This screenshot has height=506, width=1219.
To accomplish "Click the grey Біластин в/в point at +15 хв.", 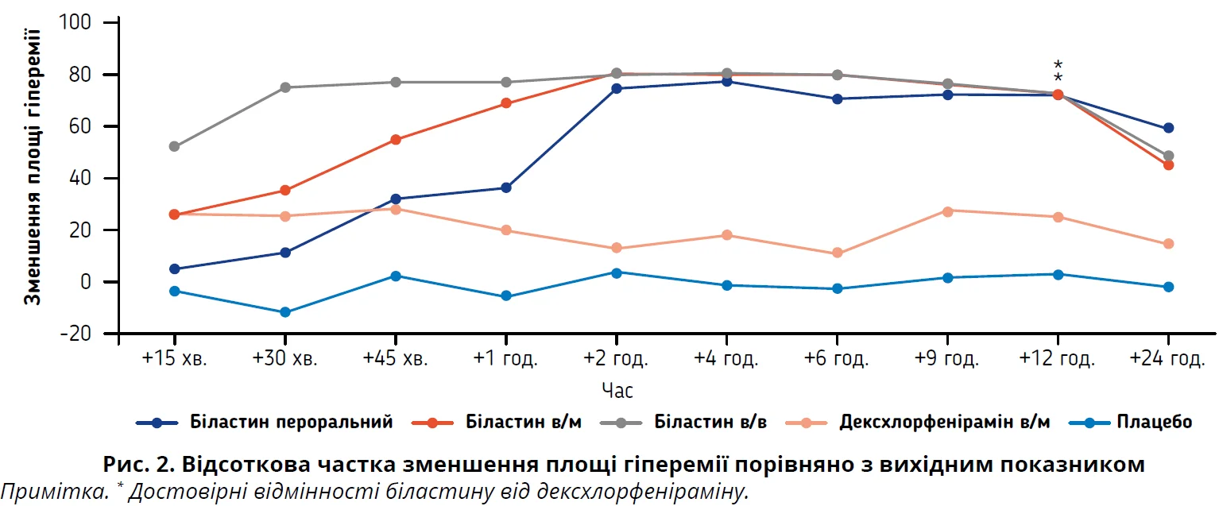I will pyautogui.click(x=174, y=147).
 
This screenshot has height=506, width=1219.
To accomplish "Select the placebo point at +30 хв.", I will pyautogui.click(x=284, y=312).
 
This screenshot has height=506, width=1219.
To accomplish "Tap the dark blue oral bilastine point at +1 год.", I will pyautogui.click(x=506, y=188).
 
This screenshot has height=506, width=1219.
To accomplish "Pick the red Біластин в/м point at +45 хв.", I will pyautogui.click(x=396, y=140).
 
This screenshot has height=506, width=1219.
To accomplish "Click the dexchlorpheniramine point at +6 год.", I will pyautogui.click(x=838, y=253).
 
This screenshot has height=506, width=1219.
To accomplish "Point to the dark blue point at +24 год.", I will pyautogui.click(x=1168, y=128).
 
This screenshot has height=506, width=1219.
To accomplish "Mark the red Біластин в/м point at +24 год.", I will pyautogui.click(x=1168, y=165).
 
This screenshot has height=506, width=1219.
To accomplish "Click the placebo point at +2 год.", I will pyautogui.click(x=617, y=272).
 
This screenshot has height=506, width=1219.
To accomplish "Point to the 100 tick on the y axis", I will pyautogui.click(x=78, y=23).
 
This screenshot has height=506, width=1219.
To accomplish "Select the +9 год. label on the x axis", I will pyautogui.click(x=947, y=359).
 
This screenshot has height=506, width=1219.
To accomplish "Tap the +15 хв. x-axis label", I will pyautogui.click(x=174, y=359).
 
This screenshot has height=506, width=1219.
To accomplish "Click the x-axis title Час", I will pyautogui.click(x=617, y=391).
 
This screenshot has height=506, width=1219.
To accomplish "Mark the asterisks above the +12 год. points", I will pyautogui.click(x=1058, y=71).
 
